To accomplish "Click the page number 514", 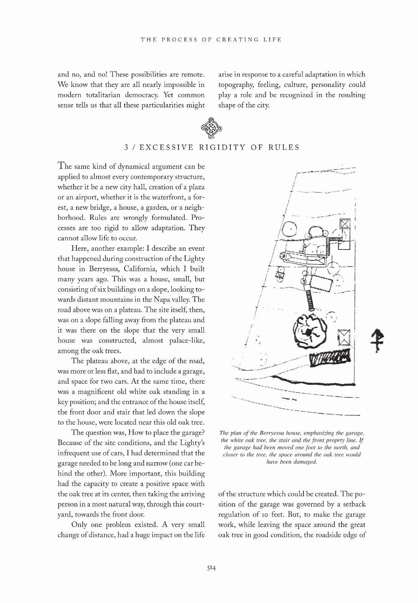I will point(211,567).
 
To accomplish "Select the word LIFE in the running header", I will point(273,40).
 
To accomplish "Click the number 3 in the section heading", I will point(127,148).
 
